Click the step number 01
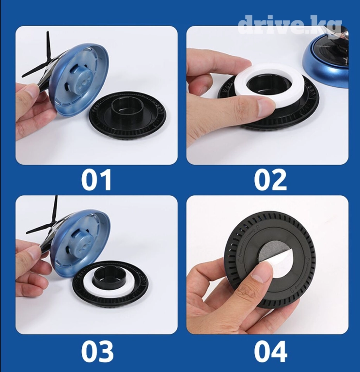point(96,180)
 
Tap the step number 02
point(270,180)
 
